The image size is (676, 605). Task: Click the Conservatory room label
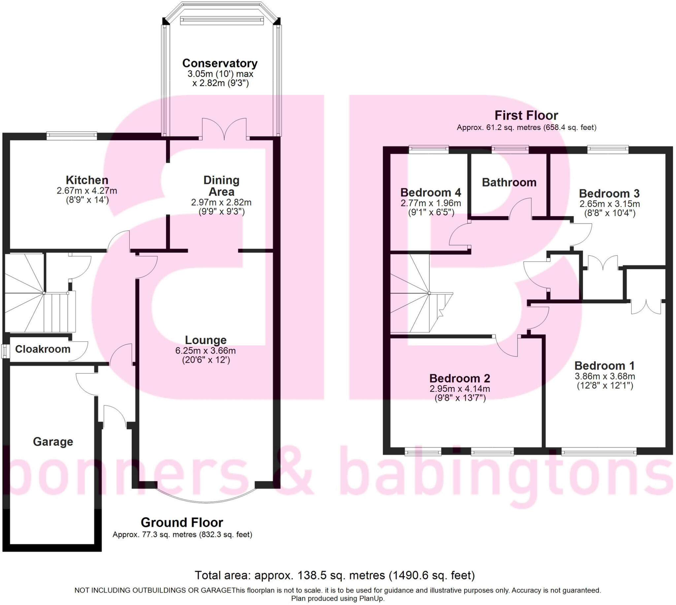coord(220,63)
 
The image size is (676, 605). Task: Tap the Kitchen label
coord(87,180)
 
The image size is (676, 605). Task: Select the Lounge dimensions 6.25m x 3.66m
coord(205,351)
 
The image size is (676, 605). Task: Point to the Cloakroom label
coord(43,349)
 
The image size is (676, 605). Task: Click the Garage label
coord(53,441)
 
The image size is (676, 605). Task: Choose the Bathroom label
coord(509,182)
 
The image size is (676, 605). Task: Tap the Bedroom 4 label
coord(430,192)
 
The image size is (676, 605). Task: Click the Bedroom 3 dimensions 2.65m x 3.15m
coord(609,204)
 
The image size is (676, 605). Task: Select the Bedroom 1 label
coord(604,366)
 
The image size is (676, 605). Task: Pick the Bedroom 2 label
coord(459,378)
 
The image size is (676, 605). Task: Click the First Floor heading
coord(526,115)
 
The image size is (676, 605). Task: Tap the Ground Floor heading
coord(182,523)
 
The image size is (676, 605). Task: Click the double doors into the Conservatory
coord(224,130)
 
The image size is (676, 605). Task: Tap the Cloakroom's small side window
coord(5,352)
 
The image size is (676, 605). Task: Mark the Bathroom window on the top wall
coord(510,149)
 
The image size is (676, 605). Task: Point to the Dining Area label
coord(221,186)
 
